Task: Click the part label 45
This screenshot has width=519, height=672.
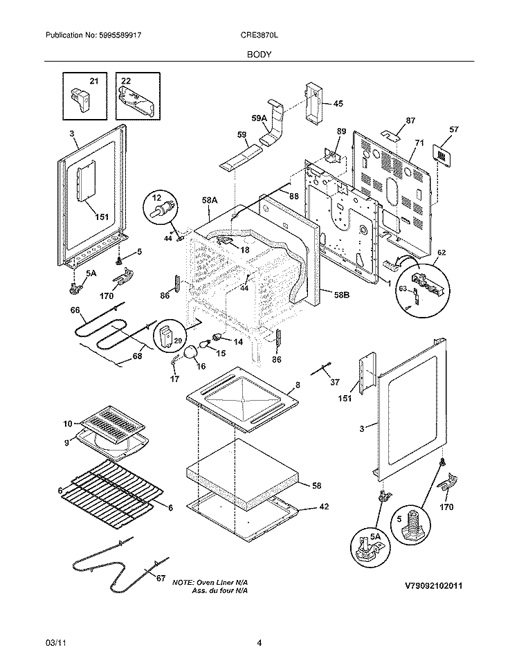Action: point(338,104)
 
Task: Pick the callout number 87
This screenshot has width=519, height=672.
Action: point(410,120)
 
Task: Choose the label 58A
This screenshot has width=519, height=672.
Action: point(210,199)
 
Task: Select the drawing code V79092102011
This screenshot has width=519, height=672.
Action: point(433,585)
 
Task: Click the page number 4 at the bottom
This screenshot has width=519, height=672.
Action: point(259,643)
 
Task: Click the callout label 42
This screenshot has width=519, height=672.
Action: point(323,507)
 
